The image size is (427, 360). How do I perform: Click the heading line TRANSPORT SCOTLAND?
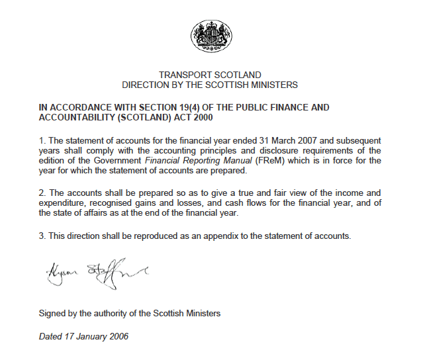click(x=210, y=75)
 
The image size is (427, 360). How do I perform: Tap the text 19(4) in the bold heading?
click(x=199, y=107)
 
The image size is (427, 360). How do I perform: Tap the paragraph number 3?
click(x=42, y=236)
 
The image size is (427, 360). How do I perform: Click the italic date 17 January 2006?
click(x=83, y=336)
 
